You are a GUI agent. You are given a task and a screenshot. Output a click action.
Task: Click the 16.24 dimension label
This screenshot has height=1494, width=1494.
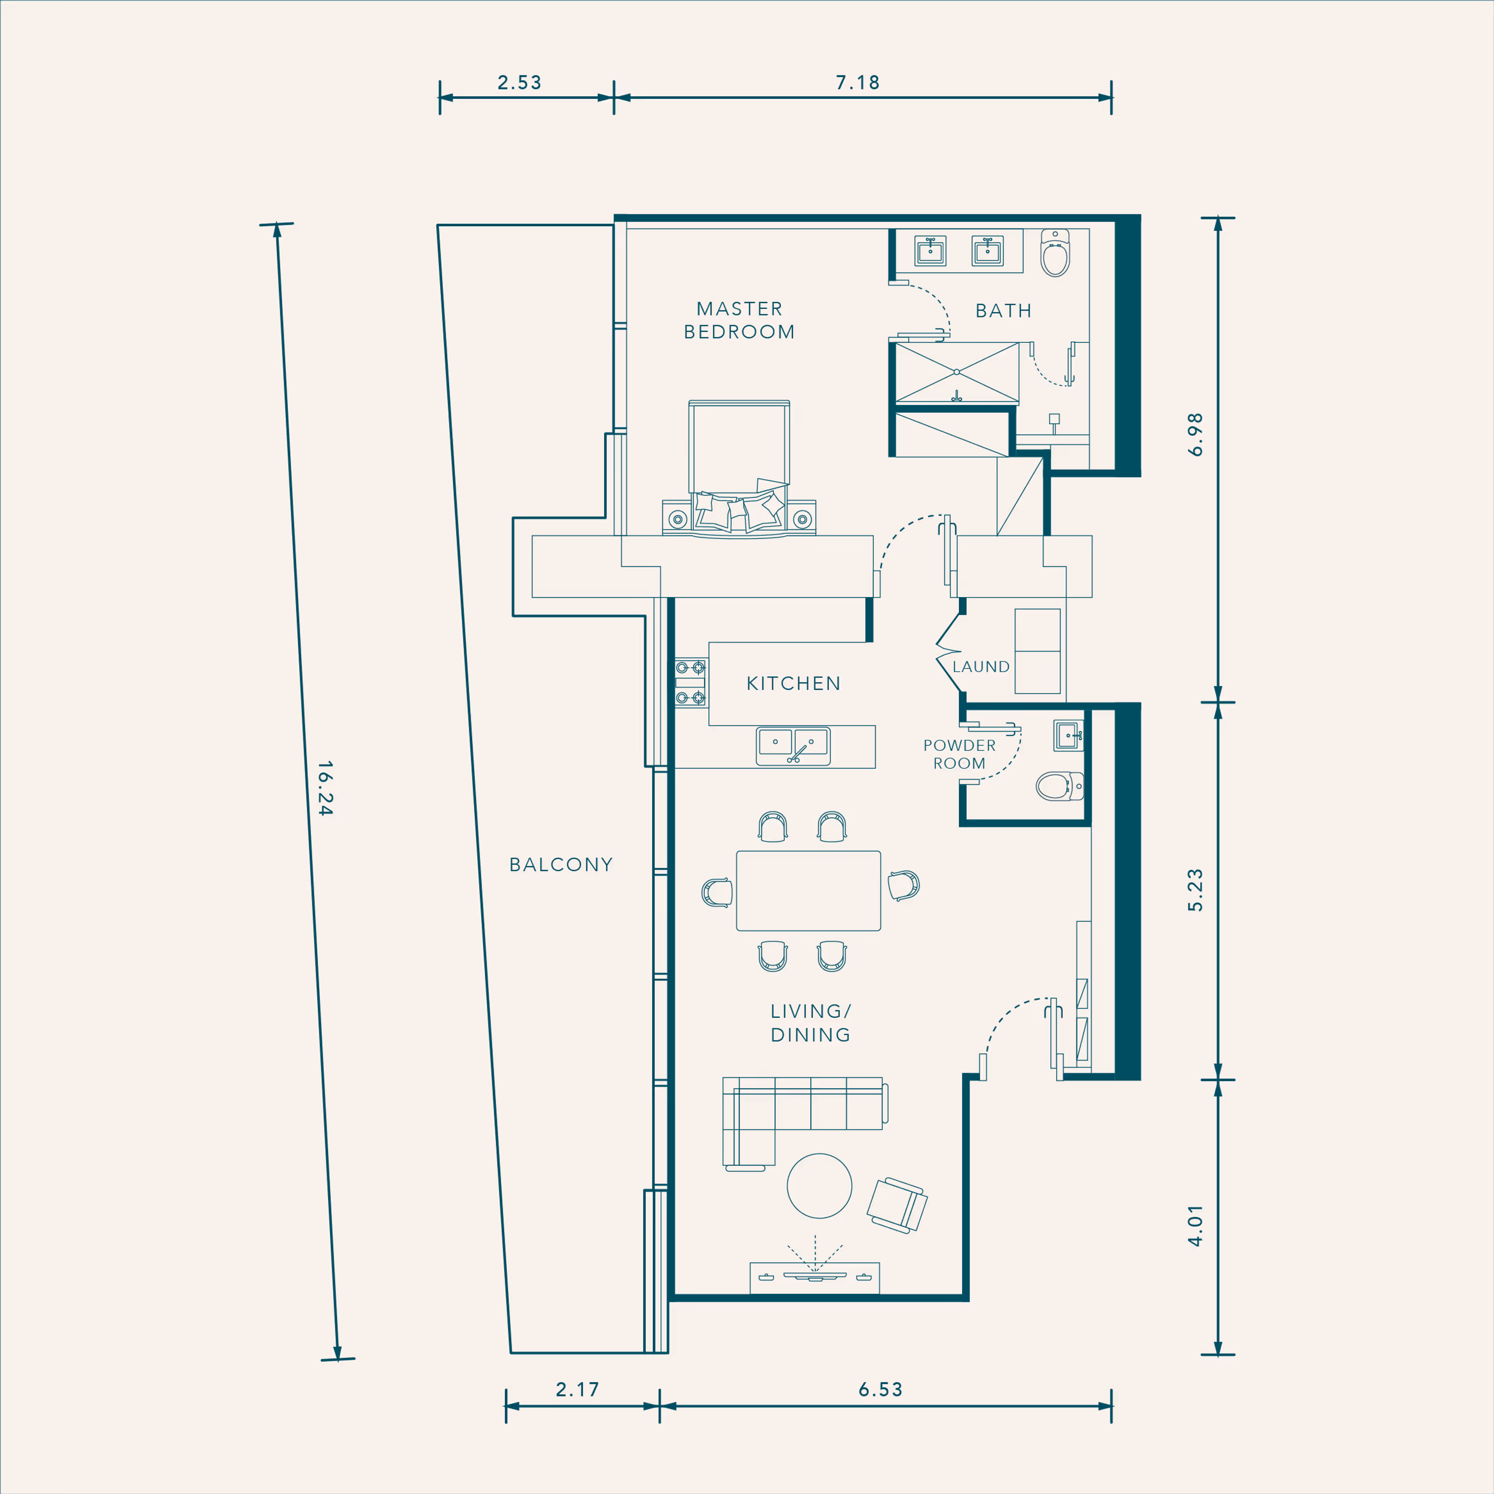(x=325, y=788)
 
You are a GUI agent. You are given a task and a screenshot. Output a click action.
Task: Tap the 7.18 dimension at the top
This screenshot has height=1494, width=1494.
(x=857, y=83)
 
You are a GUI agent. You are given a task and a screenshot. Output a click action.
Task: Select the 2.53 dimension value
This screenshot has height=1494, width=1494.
(x=519, y=83)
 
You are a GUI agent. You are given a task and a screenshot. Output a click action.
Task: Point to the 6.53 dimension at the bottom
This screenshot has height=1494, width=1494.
(x=881, y=1390)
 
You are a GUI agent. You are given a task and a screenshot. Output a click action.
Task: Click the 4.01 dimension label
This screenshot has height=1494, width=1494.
(x=1195, y=1226)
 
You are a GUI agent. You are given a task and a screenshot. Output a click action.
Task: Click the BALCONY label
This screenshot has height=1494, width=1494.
(x=561, y=864)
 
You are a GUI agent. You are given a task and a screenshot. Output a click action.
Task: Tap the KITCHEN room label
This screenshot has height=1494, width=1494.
(x=793, y=684)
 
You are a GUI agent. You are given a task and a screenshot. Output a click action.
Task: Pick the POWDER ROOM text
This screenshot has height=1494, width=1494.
(x=960, y=754)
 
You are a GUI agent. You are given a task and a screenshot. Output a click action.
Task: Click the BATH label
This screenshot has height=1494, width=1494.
(x=1004, y=311)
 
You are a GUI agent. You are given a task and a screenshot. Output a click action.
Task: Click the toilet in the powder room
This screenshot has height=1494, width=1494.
(x=1060, y=787)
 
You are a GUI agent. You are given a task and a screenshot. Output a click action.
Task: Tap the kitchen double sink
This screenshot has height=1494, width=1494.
(x=793, y=746)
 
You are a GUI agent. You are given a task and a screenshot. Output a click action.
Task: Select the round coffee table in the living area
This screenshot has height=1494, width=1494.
(x=820, y=1186)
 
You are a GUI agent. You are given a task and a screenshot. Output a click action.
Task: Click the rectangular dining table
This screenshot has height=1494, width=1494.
(x=808, y=891)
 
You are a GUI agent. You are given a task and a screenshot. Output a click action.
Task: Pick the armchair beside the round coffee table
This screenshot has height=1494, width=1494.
(x=897, y=1205)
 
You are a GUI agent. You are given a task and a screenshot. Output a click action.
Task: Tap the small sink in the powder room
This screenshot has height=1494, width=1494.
(x=1068, y=735)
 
